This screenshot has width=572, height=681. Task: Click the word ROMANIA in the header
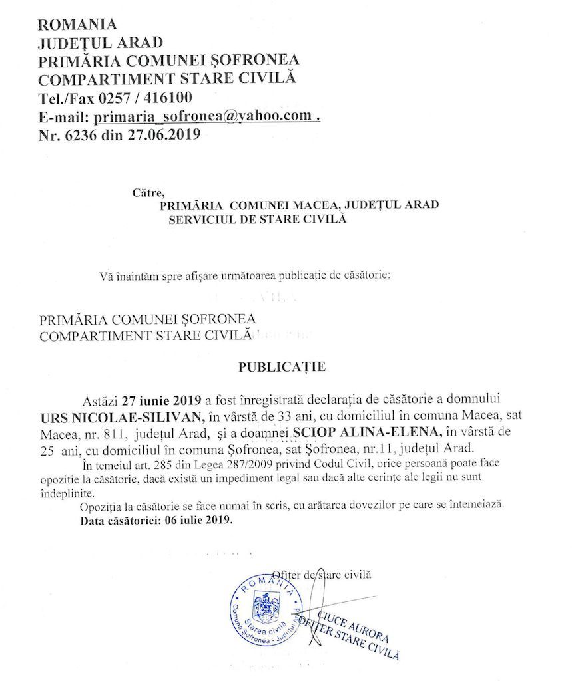click(78, 25)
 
